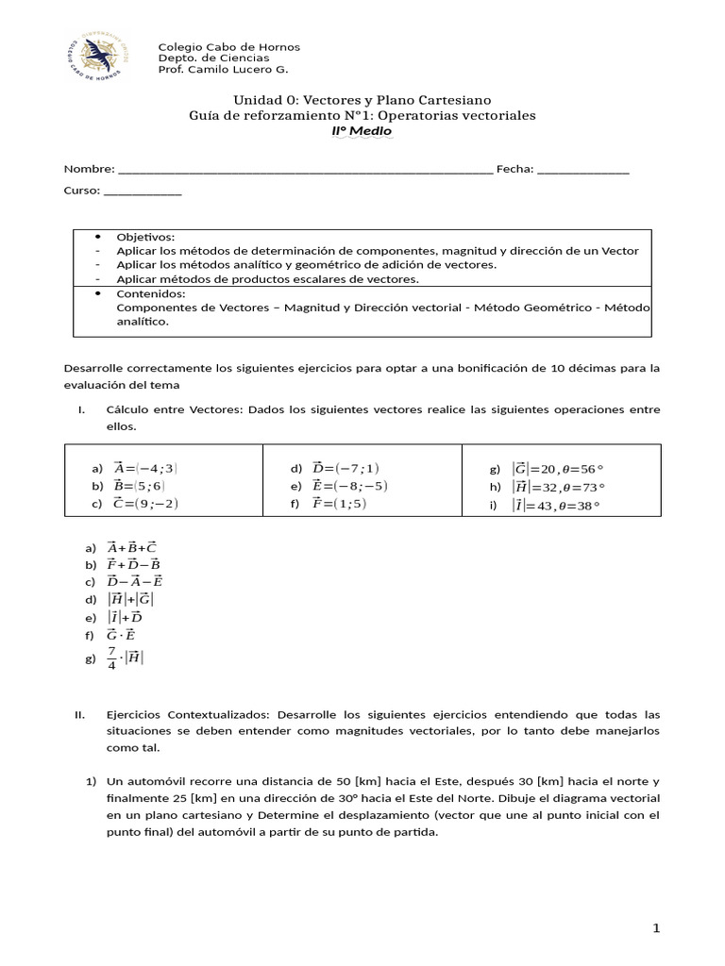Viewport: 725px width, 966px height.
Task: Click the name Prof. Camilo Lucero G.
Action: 223,70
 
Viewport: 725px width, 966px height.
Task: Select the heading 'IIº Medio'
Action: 362,131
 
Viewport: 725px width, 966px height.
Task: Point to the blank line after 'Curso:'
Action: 143,191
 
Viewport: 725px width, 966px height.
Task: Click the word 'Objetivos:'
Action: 145,237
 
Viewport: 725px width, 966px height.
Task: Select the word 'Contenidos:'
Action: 150,293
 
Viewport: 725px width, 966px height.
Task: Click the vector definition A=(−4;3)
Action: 145,468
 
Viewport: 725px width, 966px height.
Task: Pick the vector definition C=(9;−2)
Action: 145,504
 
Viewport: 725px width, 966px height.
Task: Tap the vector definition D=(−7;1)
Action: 346,468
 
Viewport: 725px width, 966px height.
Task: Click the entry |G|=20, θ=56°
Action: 557,468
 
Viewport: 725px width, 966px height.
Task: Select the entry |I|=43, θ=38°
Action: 557,505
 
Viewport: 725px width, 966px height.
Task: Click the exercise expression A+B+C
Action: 132,547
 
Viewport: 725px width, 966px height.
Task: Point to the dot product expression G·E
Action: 122,635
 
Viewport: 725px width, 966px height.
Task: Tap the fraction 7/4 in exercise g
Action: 111,658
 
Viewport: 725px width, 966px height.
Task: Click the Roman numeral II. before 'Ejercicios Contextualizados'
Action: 80,714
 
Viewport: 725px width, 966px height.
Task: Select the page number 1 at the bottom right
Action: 656,929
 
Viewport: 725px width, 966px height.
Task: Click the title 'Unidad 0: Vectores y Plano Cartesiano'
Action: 362,100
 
